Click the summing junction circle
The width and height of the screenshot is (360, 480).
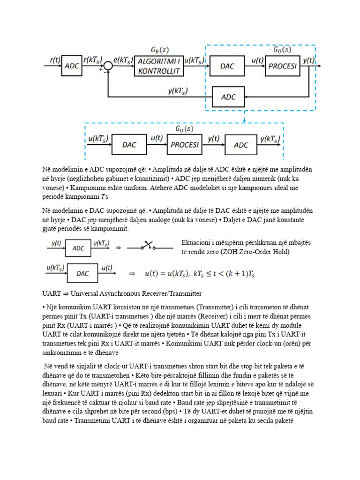[108, 66]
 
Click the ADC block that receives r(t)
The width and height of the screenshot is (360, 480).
[71, 66]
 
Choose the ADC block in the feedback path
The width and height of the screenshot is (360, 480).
[228, 97]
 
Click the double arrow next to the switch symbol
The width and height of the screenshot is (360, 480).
[119, 247]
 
